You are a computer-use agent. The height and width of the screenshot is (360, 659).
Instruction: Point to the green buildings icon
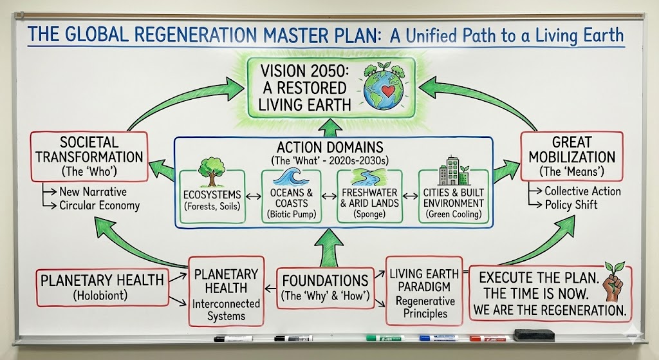pyautogui.click(x=452, y=171)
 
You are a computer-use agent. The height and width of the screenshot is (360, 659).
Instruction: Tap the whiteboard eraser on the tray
pyautogui.click(x=534, y=335)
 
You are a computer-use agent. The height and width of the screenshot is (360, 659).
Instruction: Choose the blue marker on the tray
pyautogui.click(x=438, y=337)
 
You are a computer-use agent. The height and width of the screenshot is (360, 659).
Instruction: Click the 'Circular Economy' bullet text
pyautogui.click(x=99, y=206)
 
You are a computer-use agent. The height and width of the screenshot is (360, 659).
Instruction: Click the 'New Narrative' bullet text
pyautogui.click(x=93, y=191)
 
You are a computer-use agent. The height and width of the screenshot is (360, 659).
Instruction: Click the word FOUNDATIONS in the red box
pyautogui.click(x=326, y=281)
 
